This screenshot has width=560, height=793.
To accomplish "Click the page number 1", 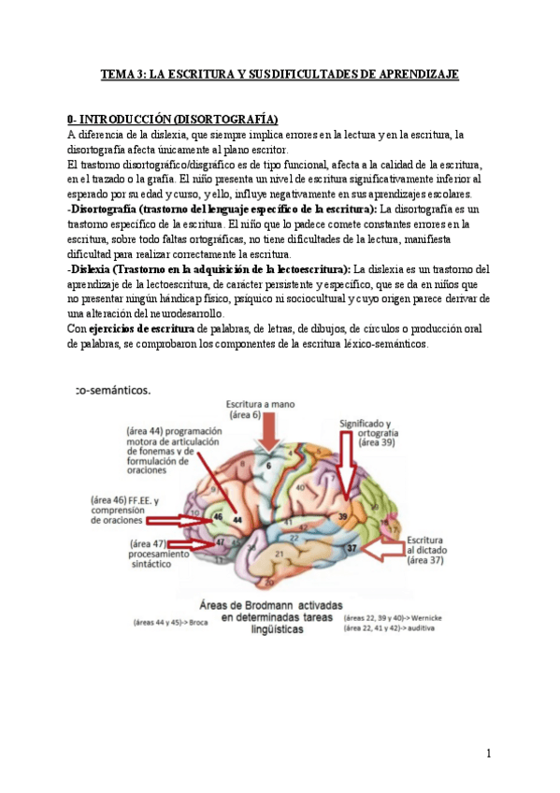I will tap(489, 754).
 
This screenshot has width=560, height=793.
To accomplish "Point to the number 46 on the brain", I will tap(218, 516).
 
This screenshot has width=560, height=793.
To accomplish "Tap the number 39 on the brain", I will tap(343, 515).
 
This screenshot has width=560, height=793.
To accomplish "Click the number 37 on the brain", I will tap(352, 548).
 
